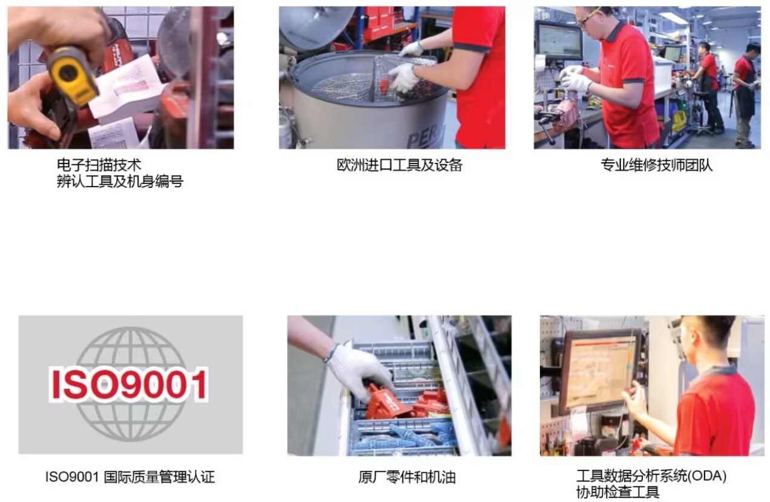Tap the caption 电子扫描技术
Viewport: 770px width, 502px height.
pos(99,165)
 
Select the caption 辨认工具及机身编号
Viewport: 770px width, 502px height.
pos(120,182)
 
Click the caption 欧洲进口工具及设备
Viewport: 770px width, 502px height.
pos(400,165)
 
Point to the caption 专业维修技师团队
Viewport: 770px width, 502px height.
pos(657,165)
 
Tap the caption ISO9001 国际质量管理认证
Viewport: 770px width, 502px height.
pos(130,477)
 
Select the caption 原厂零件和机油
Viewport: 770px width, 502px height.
pos(407,477)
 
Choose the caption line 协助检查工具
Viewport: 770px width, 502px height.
pos(617,492)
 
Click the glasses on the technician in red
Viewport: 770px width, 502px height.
pos(587,18)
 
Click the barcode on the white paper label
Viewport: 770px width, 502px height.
pos(131,88)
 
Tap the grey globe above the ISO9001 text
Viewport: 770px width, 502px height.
pos(131,384)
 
